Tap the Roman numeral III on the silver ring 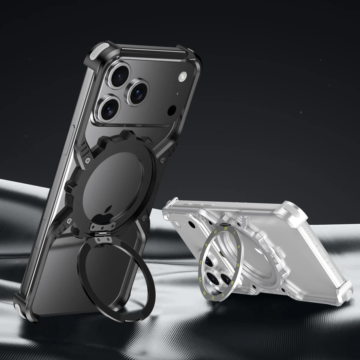tap(238, 265)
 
